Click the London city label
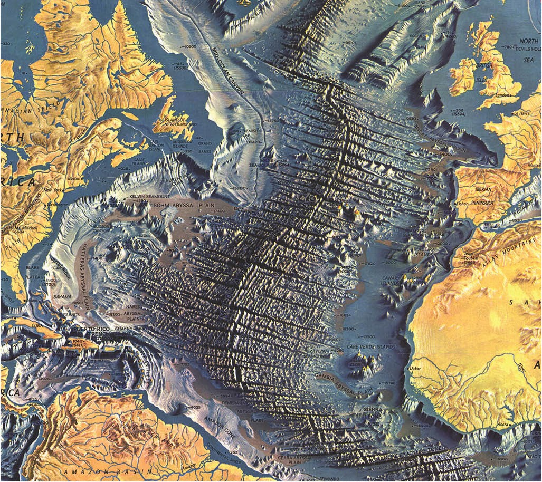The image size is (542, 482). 503,95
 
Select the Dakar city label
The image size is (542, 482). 416,369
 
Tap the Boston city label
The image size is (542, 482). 74,178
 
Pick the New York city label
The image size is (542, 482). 54,190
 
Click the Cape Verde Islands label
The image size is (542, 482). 370,346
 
